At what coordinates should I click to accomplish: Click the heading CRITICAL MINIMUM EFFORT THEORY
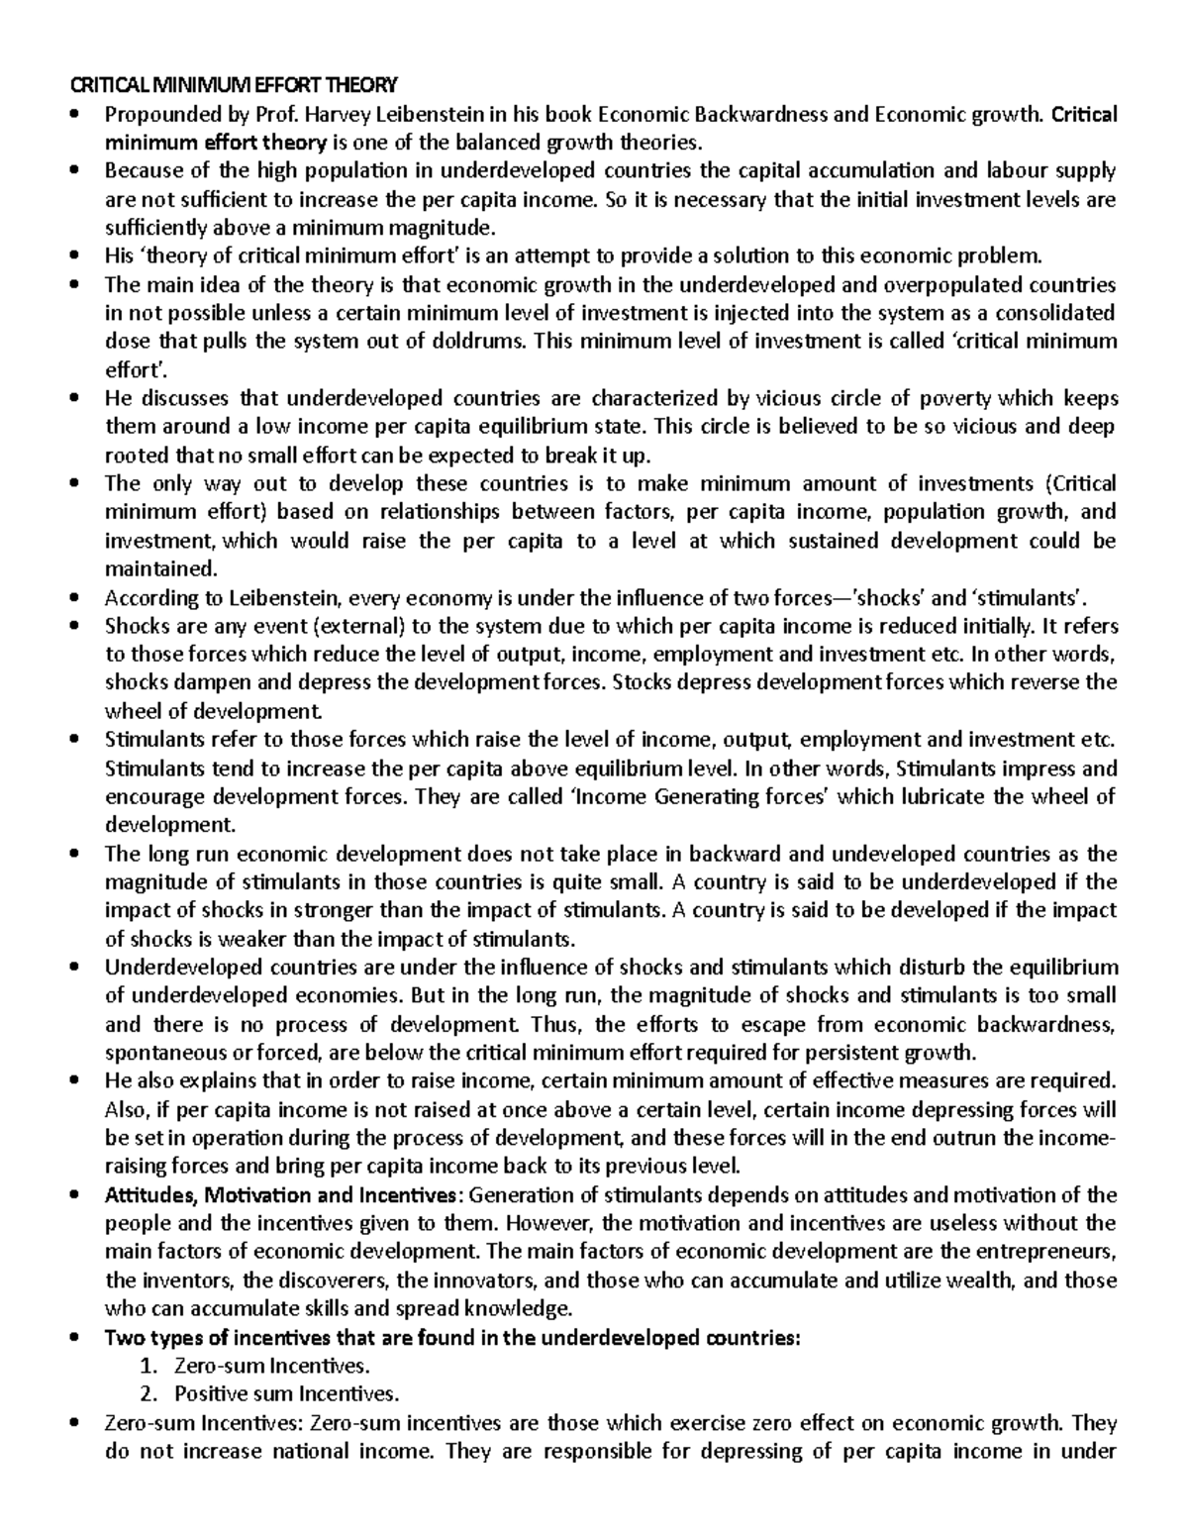click(x=230, y=84)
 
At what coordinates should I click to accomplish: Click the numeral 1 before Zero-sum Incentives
click(x=148, y=1367)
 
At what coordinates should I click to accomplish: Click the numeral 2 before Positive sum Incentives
click(x=148, y=1394)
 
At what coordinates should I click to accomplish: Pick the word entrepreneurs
click(x=1043, y=1251)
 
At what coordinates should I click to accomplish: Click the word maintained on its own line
click(x=158, y=569)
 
